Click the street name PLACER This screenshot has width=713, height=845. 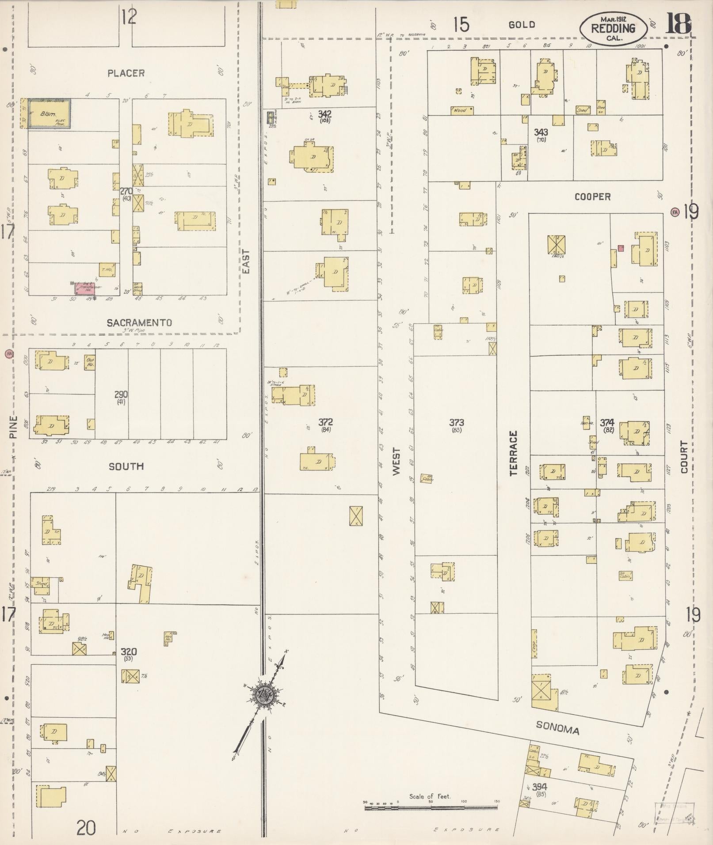tap(126, 73)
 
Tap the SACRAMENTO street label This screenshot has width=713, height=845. tap(139, 323)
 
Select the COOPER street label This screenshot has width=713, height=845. tap(592, 197)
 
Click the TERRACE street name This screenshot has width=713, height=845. tap(513, 453)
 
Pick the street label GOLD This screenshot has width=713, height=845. tap(522, 25)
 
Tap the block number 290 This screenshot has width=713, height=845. tap(121, 394)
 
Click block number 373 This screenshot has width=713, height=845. tap(456, 422)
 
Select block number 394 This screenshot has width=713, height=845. tap(539, 787)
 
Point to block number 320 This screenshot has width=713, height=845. tap(129, 652)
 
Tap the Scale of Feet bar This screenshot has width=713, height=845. tap(431, 807)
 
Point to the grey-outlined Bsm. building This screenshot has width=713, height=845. tap(50, 114)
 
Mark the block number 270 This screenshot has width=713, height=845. tap(126, 191)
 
